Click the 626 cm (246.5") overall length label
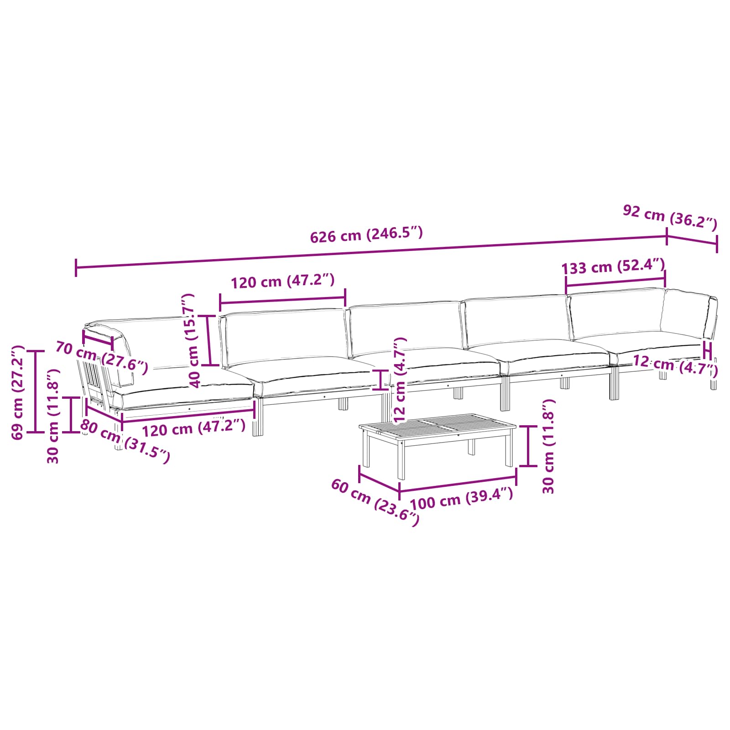[366, 235]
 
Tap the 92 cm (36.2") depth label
[670, 218]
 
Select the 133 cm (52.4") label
[613, 266]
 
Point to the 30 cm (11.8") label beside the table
[548, 446]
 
